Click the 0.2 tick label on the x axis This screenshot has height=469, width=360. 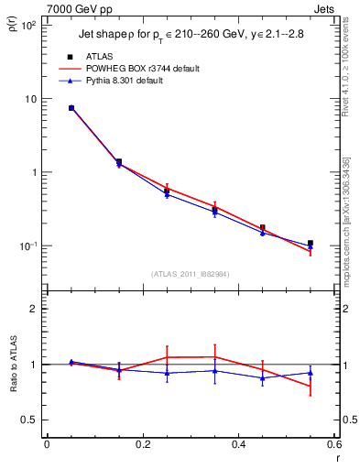tap(142, 445)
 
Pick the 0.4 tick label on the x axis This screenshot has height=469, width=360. tap(238, 445)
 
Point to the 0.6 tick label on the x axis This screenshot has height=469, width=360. tap(333, 445)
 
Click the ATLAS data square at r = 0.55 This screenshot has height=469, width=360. tap(311, 243)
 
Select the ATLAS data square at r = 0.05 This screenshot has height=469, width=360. tap(71, 108)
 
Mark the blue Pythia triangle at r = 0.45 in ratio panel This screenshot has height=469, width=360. tap(263, 377)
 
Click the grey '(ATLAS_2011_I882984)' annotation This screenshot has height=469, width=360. tap(191, 272)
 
